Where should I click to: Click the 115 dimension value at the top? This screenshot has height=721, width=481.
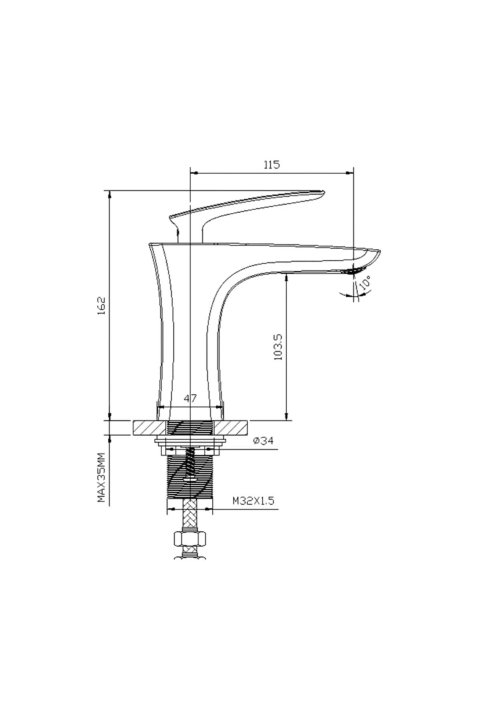(271, 165)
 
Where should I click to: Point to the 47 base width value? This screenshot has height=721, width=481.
(190, 399)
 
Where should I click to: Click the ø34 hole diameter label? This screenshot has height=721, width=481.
(263, 441)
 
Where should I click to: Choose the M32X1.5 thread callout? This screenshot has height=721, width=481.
(253, 501)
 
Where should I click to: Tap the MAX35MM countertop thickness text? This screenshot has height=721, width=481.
(101, 477)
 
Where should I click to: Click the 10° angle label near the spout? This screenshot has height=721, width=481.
(366, 283)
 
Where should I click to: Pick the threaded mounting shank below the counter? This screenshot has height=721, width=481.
(190, 481)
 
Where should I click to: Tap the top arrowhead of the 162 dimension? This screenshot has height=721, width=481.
(109, 194)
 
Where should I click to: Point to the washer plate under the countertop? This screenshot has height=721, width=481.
(190, 442)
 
